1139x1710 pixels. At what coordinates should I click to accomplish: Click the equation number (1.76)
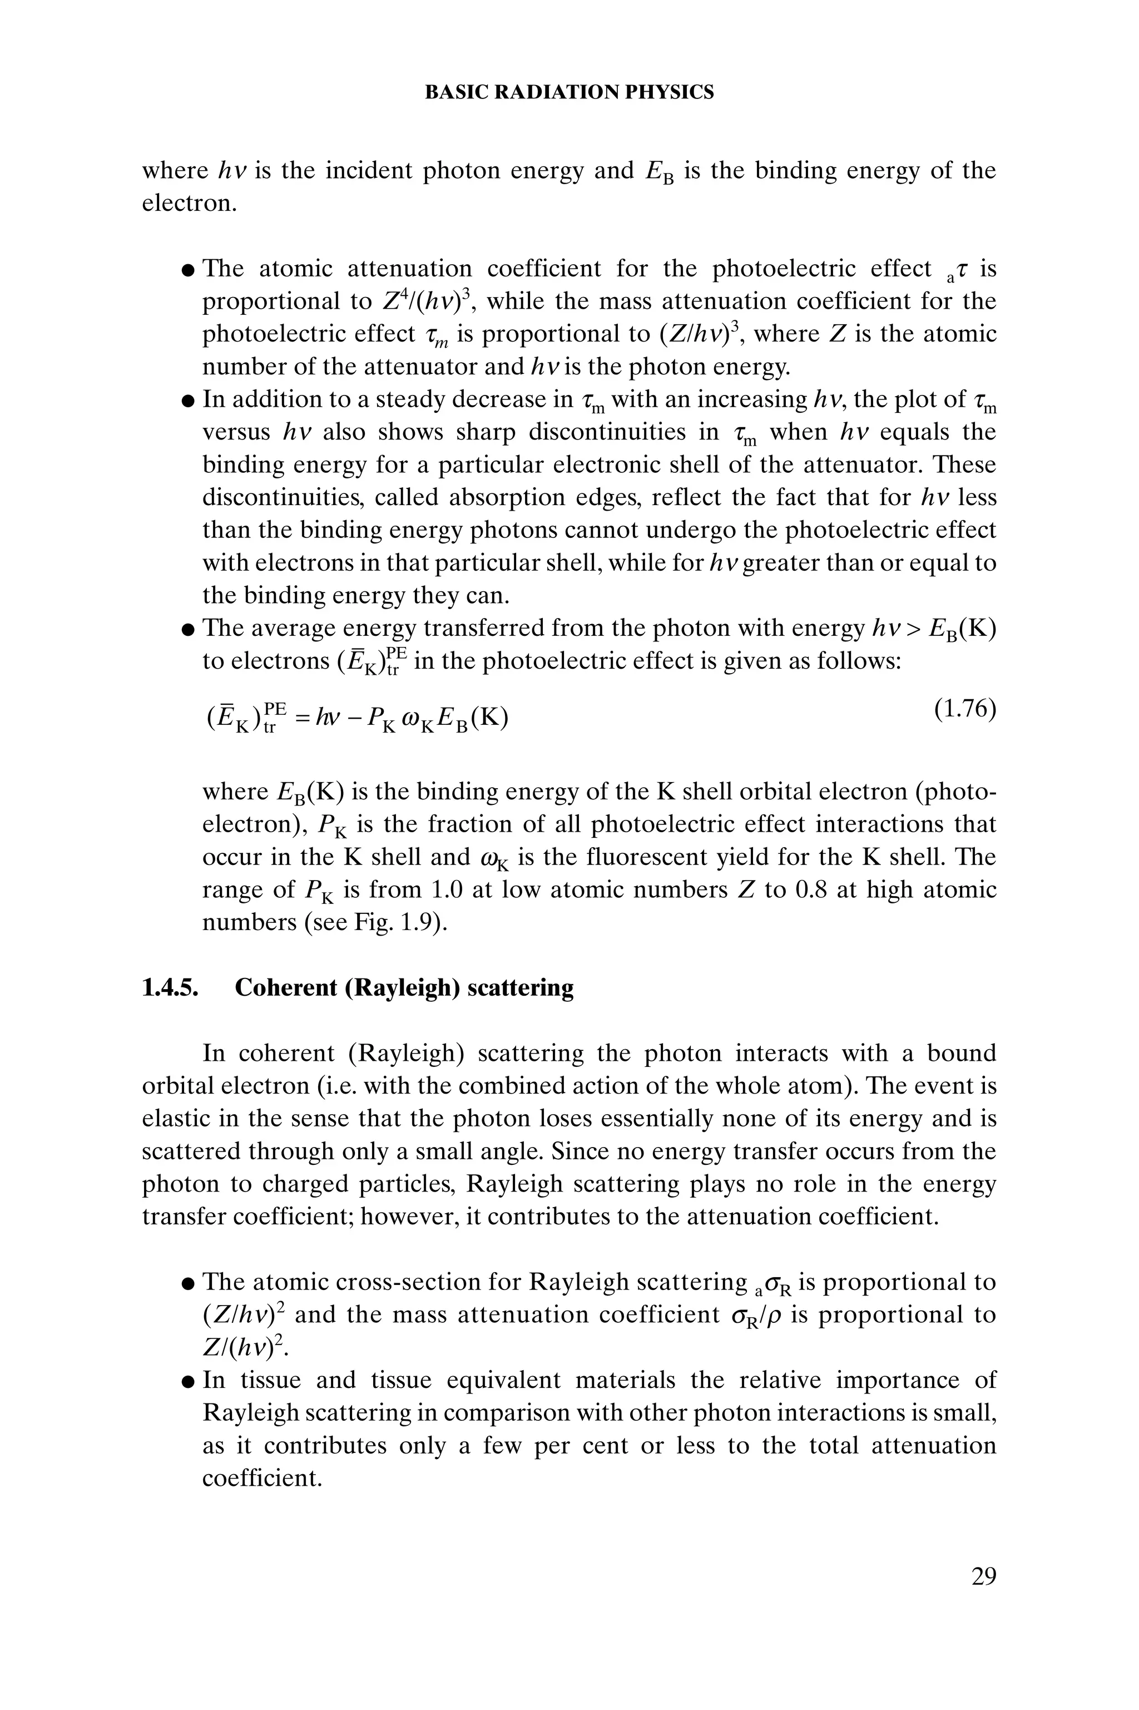[965, 709]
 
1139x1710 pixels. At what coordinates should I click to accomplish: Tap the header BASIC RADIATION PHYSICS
[569, 92]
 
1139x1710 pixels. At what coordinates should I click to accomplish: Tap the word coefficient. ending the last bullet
[261, 1478]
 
